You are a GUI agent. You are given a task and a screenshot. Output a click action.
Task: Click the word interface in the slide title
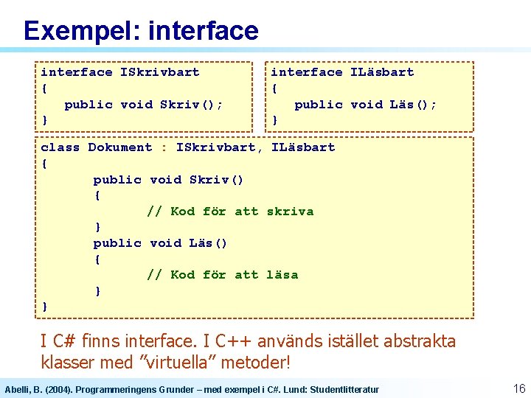point(203,31)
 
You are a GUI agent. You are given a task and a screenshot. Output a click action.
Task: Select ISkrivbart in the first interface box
point(159,72)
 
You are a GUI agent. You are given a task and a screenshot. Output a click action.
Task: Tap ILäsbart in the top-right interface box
point(381,72)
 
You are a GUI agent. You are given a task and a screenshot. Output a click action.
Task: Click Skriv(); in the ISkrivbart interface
point(191,105)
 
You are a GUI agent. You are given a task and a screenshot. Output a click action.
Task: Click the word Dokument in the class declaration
point(119,147)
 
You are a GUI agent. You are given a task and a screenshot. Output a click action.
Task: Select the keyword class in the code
point(60,147)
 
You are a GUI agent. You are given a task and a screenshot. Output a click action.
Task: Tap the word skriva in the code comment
point(290,212)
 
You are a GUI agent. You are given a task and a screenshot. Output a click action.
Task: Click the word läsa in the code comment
point(282,275)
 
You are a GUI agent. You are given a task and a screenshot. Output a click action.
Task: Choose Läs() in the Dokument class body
point(208,243)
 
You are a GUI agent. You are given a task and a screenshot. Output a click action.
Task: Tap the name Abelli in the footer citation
point(17,389)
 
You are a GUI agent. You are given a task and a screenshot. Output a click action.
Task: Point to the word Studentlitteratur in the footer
point(344,389)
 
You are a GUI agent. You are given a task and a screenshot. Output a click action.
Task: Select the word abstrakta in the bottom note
point(421,341)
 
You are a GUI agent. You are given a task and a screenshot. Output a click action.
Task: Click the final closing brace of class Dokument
point(45,306)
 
